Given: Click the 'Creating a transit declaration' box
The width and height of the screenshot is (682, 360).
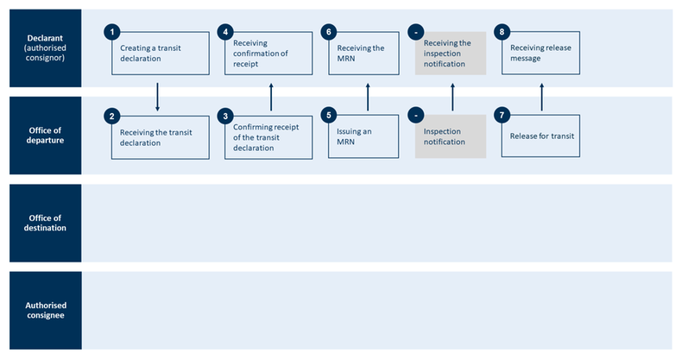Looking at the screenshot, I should pyautogui.click(x=160, y=54).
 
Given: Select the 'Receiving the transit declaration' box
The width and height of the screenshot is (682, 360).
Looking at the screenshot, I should pyautogui.click(x=160, y=137).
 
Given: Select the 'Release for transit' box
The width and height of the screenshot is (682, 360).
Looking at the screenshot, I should pyautogui.click(x=542, y=137).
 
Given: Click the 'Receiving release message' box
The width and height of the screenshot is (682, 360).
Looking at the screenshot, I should pyautogui.click(x=542, y=54).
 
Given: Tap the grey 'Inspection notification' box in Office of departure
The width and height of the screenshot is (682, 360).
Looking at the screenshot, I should pyautogui.click(x=452, y=137).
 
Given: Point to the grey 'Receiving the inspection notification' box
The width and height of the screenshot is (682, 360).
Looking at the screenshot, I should pyautogui.click(x=452, y=54).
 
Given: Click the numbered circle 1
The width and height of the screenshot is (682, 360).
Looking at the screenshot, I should pyautogui.click(x=111, y=32).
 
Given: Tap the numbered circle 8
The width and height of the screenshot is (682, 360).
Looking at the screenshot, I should pyautogui.click(x=502, y=32).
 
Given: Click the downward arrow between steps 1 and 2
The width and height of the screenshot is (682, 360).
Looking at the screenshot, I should pyautogui.click(x=158, y=97).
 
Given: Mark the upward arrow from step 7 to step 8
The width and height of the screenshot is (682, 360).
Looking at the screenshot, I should pyautogui.click(x=541, y=97).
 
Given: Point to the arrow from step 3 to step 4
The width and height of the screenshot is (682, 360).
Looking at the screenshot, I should pyautogui.click(x=271, y=97).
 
